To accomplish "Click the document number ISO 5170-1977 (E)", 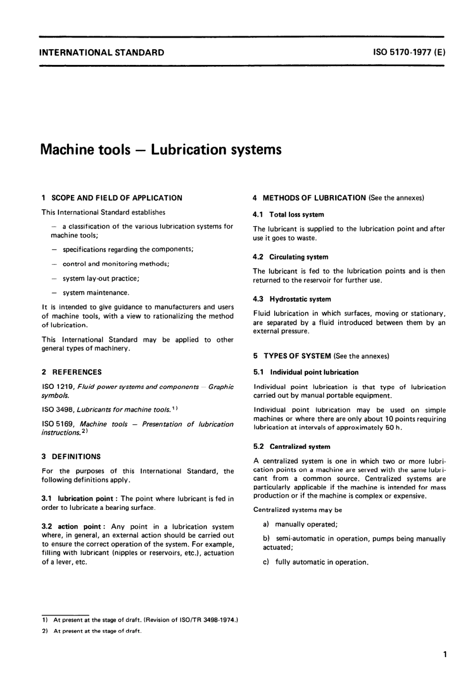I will point(409,52).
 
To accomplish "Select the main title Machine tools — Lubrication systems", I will point(161,149).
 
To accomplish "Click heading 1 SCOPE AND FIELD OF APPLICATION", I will point(112,198).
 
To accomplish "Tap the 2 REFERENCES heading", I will point(72,372).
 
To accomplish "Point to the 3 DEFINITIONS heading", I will point(71,456).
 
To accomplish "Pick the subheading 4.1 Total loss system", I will point(289,215).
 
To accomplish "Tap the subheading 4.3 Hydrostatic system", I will point(292,299).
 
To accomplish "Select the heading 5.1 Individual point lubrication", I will point(306,372).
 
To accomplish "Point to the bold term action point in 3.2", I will point(80,527).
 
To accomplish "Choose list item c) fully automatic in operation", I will point(316,562).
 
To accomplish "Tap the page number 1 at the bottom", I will point(445,655).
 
